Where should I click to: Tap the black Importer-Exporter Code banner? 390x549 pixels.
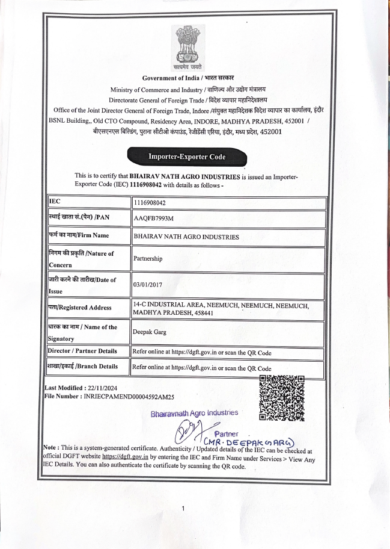(187, 157)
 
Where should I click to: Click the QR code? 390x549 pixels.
(282, 397)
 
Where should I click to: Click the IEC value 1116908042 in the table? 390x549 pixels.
(150, 203)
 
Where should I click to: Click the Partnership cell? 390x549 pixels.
(148, 258)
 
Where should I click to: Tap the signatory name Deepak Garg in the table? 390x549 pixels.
(150, 332)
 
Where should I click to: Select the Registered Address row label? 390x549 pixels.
(79, 308)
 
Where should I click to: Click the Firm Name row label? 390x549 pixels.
(78, 235)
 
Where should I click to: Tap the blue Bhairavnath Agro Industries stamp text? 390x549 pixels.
(194, 413)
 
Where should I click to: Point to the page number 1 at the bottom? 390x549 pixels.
(183, 509)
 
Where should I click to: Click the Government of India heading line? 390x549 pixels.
(188, 78)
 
